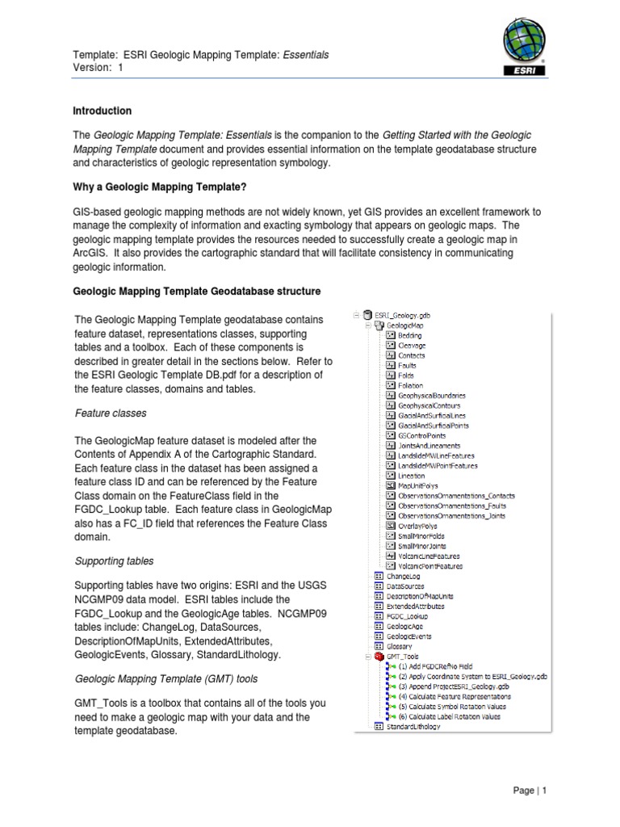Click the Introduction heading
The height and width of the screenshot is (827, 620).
coord(103,111)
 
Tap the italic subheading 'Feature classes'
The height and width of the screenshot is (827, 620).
coord(111,413)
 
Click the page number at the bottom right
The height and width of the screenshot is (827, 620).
coord(530,791)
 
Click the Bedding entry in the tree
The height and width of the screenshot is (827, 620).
coord(409,335)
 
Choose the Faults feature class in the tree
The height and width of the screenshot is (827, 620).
coord(407,365)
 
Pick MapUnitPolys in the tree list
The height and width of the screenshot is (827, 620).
coord(419,485)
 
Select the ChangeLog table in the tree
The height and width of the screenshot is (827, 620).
coord(404,577)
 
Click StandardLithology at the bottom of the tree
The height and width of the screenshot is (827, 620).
coord(413,727)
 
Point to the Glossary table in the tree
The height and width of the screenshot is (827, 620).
coord(400,647)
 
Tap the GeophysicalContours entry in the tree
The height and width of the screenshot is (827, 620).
coord(430,405)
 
